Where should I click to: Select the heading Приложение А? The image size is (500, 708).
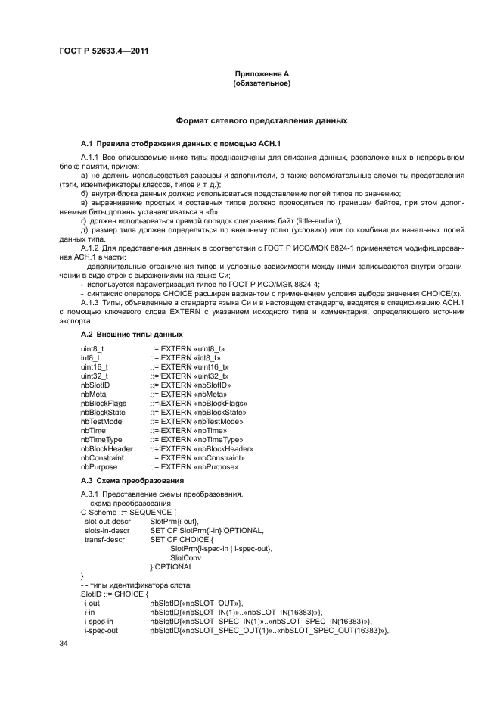click(x=262, y=73)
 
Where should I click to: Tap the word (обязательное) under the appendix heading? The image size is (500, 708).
click(x=262, y=83)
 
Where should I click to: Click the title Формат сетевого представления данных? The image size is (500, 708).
click(x=262, y=120)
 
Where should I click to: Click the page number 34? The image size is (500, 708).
click(x=64, y=643)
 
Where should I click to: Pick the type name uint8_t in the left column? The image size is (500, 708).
click(x=92, y=348)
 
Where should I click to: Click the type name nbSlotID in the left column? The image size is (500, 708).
click(x=95, y=385)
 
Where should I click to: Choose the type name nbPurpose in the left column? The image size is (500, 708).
click(x=98, y=466)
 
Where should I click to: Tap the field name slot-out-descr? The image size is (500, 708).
click(x=107, y=521)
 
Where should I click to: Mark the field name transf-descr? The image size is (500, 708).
click(x=104, y=539)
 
